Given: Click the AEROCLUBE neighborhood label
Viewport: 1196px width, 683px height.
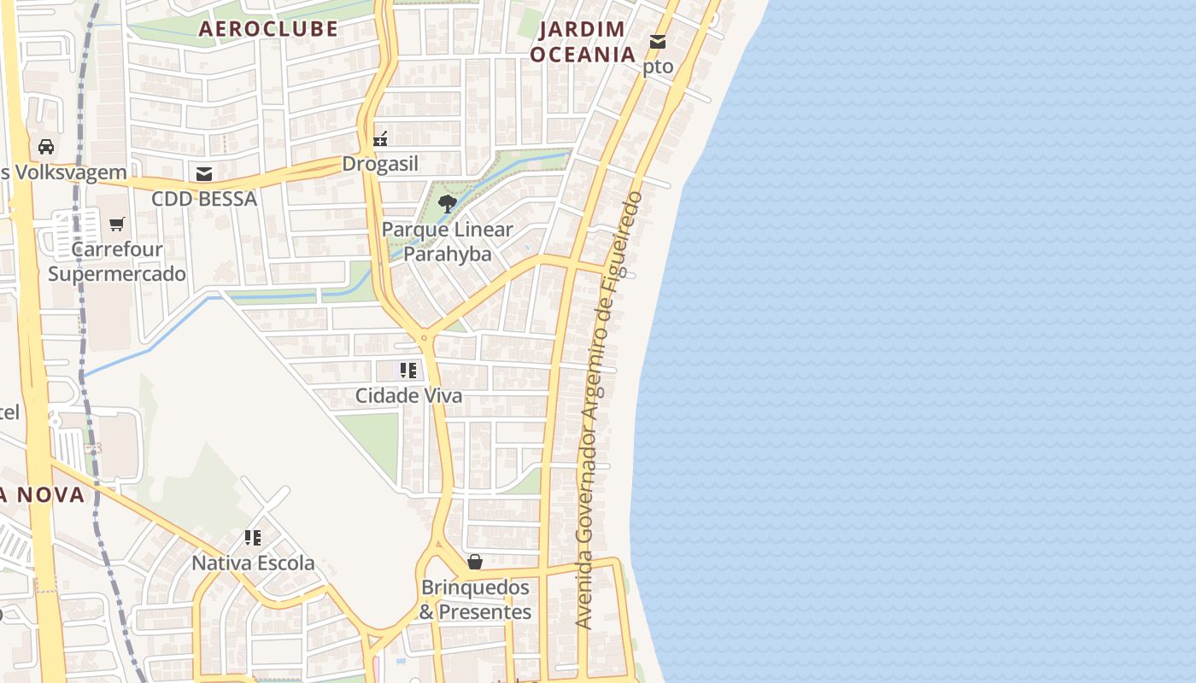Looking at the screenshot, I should [268, 29].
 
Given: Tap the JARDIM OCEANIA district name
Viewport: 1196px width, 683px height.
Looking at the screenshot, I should [583, 42].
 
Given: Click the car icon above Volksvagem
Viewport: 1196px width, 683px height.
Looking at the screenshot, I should [46, 147].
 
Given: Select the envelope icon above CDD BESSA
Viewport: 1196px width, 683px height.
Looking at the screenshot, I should [203, 174].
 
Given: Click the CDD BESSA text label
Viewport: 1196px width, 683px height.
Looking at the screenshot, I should [203, 199].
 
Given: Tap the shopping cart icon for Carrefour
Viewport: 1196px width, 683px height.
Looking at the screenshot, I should [117, 225].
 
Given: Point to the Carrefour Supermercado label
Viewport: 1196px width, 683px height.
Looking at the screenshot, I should [117, 262].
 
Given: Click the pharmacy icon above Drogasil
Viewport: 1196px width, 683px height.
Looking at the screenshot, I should [380, 138].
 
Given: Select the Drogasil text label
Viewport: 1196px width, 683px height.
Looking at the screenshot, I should [380, 164].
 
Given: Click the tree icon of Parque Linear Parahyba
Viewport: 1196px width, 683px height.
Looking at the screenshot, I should [447, 203].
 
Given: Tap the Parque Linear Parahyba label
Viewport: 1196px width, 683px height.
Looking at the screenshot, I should [448, 242].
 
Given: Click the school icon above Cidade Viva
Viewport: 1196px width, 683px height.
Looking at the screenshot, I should [408, 371].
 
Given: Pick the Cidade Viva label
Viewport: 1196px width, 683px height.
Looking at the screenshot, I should [408, 396].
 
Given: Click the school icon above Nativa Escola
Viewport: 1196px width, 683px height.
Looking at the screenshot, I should [253, 538].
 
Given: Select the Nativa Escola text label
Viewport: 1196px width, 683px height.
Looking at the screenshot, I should [253, 563].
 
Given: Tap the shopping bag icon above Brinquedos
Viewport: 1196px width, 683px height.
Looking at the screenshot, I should [475, 562].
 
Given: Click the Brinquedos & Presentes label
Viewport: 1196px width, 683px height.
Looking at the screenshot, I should [475, 600].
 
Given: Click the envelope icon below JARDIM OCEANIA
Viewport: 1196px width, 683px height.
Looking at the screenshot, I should [658, 41].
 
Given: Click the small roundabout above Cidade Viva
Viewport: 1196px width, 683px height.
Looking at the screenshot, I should [424, 338].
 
